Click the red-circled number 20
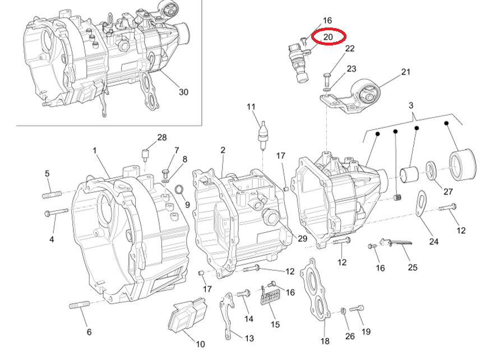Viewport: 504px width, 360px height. [329, 37]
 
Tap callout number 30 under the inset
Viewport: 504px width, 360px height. [184, 92]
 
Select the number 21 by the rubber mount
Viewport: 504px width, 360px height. [406, 72]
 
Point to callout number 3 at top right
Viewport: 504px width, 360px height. [411, 105]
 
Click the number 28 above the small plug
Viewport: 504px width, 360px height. [162, 137]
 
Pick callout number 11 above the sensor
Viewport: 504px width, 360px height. [251, 107]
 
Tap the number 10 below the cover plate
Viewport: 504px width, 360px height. [200, 344]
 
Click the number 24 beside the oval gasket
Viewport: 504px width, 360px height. [433, 242]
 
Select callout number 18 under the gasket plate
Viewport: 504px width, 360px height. [325, 340]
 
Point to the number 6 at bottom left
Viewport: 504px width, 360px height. [89, 332]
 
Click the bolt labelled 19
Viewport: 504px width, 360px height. [357, 308]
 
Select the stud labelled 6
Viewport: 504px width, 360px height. [80, 305]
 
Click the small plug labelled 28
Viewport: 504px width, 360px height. [146, 154]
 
